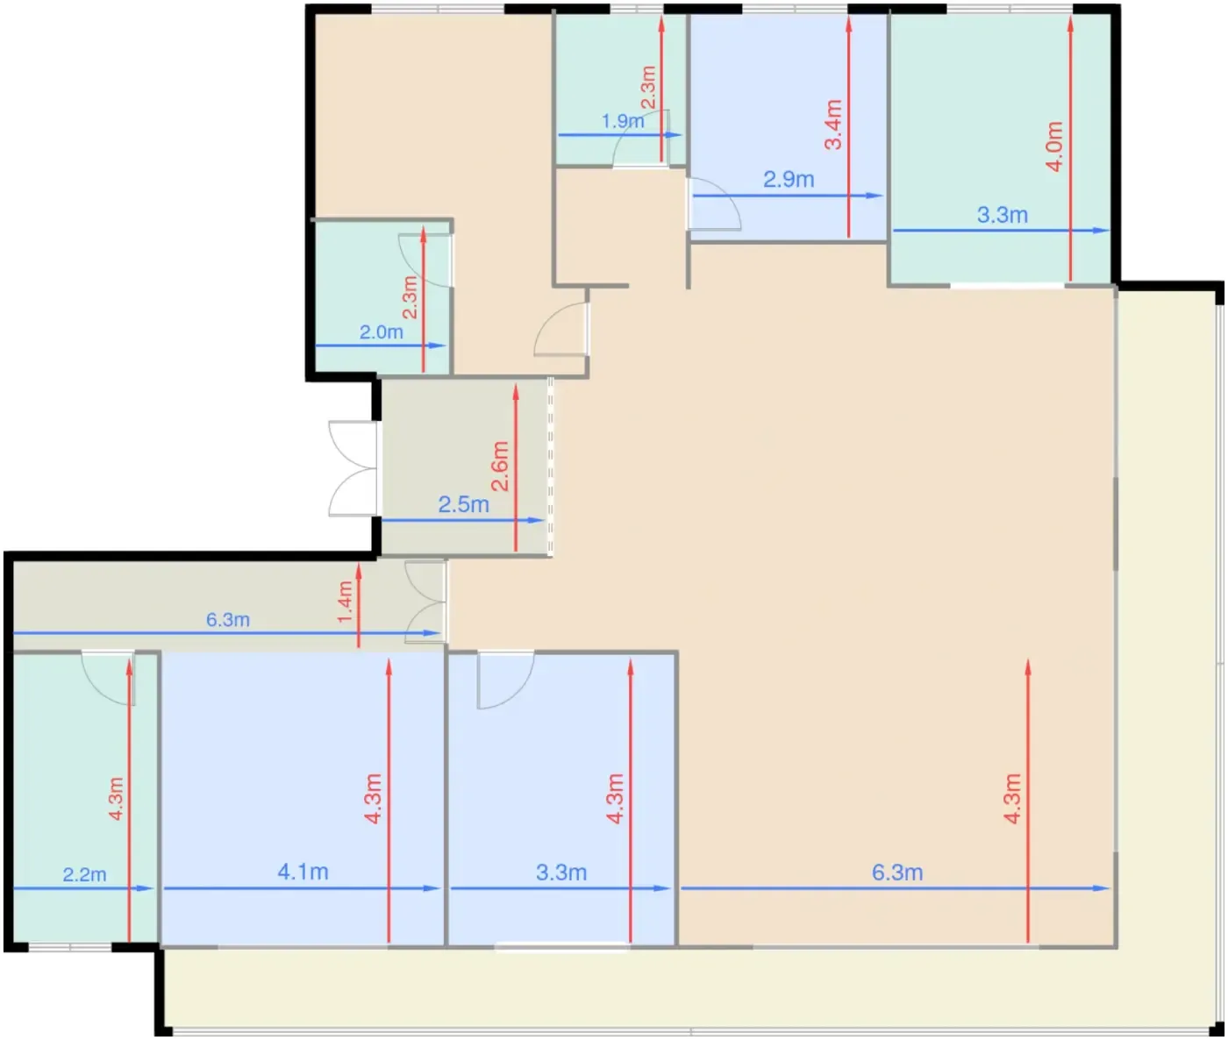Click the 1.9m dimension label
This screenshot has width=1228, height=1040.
[x=622, y=121]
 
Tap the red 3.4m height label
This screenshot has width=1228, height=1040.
[x=833, y=125]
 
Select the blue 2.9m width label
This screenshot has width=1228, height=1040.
[x=789, y=180]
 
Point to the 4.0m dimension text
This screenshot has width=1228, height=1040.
[x=1054, y=146]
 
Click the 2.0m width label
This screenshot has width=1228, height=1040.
[x=381, y=332]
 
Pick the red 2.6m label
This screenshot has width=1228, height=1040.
[x=500, y=467]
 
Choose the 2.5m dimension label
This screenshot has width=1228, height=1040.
[x=463, y=505]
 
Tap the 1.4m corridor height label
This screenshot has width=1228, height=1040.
[x=346, y=602]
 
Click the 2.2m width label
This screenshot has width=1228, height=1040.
[x=84, y=874]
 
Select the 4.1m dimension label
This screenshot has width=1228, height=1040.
[x=303, y=872]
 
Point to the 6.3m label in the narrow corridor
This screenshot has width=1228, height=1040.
[x=228, y=620]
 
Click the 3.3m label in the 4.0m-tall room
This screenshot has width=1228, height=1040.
[x=1003, y=215]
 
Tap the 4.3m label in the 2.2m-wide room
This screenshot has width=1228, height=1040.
[x=117, y=799]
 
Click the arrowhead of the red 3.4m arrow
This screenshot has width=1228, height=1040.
[x=848, y=24]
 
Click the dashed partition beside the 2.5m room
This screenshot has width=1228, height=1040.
[x=550, y=467]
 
